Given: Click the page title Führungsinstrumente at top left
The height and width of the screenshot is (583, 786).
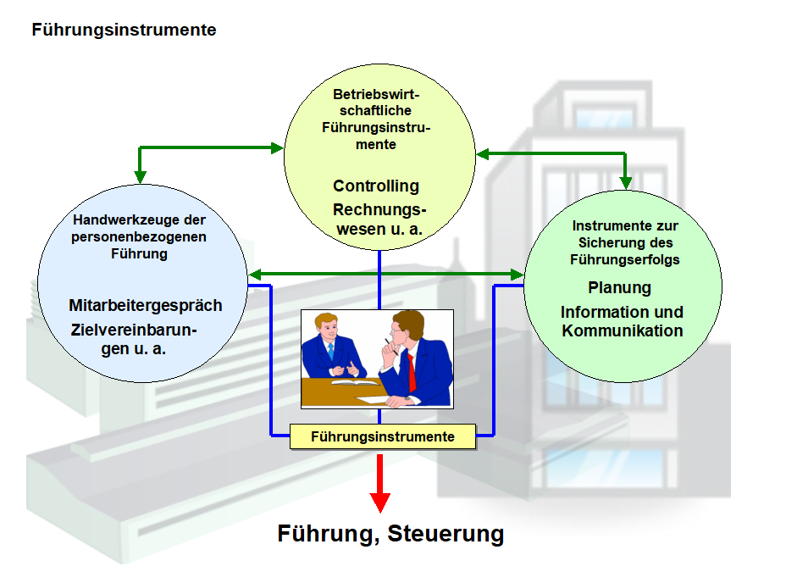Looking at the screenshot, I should click(x=124, y=31).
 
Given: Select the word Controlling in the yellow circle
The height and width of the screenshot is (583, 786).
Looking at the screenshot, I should click(x=375, y=186).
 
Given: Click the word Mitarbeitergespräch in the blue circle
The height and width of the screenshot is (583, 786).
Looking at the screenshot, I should click(x=146, y=305).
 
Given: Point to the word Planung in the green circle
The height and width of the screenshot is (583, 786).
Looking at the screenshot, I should click(x=619, y=287).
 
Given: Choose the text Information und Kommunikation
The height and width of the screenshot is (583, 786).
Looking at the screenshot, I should click(x=622, y=321).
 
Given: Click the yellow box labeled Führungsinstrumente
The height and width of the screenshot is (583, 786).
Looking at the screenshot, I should click(x=382, y=437).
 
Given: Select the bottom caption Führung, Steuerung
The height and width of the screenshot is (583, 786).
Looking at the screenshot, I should click(x=390, y=535).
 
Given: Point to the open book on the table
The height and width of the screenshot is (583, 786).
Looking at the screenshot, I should click(x=355, y=383).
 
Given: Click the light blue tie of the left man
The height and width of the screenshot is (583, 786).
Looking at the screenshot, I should click(x=331, y=349).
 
